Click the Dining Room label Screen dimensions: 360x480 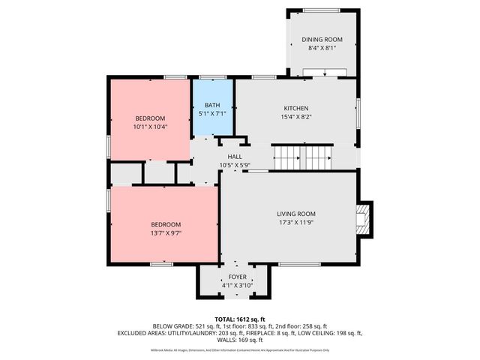point(322,39)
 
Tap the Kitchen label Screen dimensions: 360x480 point(295,108)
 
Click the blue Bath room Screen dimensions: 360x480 point(214,108)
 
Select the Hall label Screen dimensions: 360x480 point(235,156)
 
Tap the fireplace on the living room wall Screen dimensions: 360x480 point(364,218)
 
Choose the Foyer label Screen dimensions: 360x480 point(236,277)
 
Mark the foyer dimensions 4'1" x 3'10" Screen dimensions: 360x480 point(236,285)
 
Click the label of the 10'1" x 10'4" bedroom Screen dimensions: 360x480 point(150,118)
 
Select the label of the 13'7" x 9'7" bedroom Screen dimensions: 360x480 point(166,224)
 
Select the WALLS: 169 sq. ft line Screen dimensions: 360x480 point(239,340)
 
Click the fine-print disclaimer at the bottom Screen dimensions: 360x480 point(239,349)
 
